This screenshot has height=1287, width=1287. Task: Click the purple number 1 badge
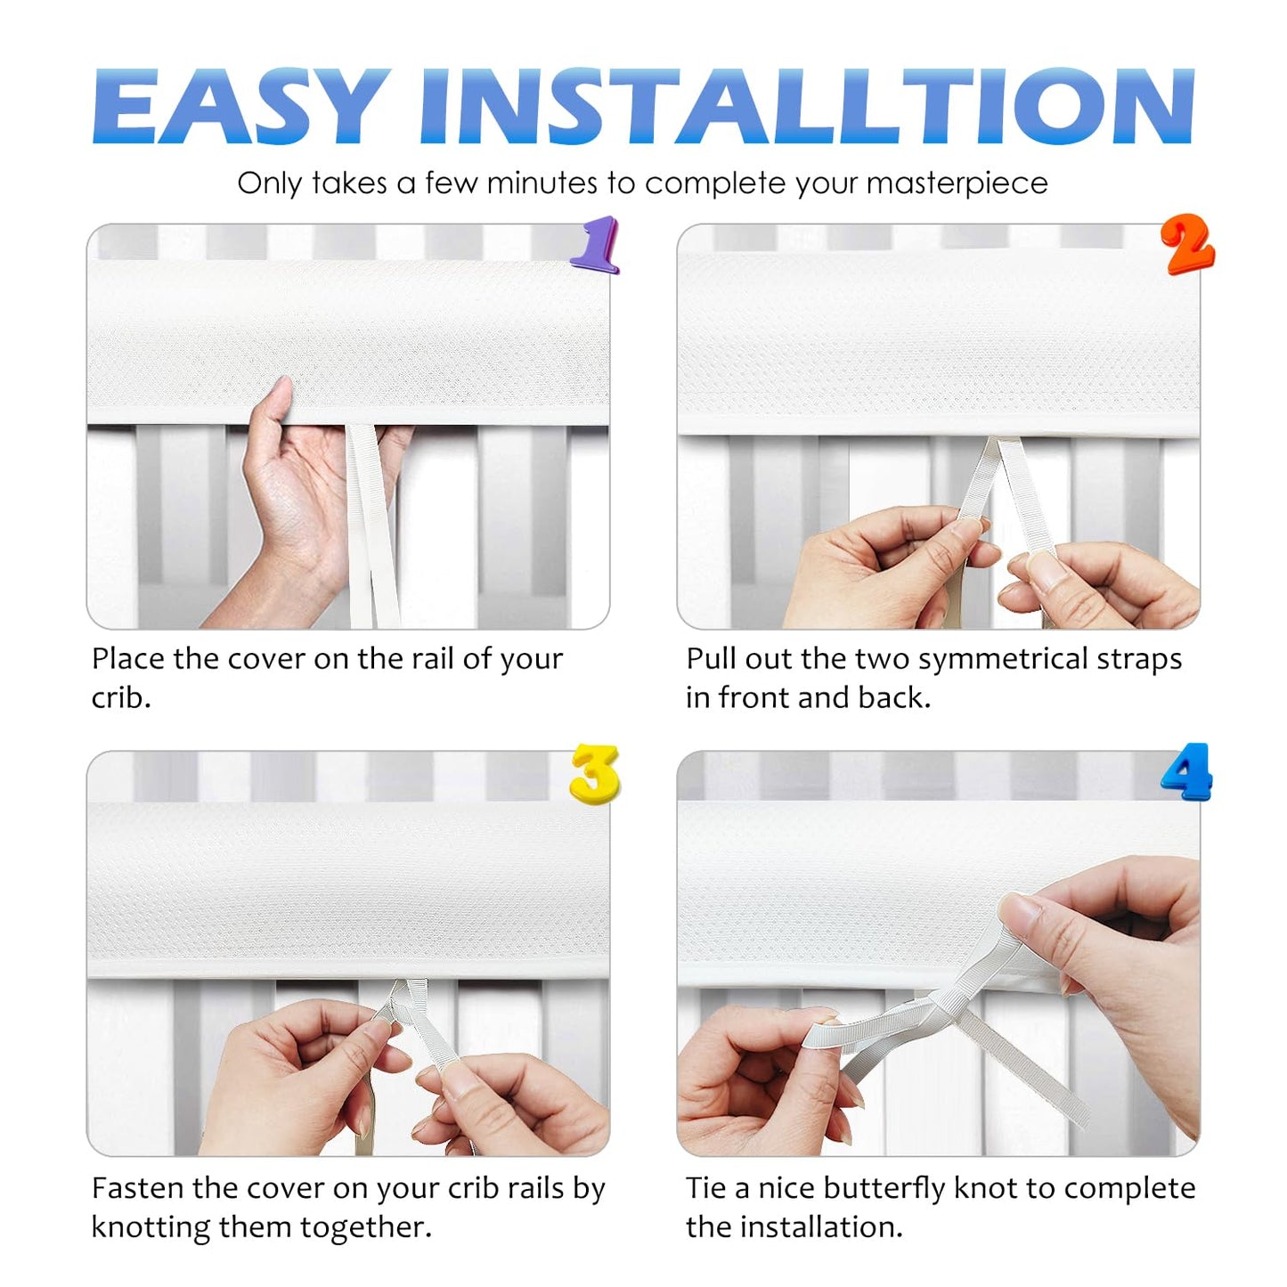click(596, 244)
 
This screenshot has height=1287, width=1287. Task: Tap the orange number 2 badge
click(1187, 244)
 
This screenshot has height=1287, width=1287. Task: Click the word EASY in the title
click(241, 106)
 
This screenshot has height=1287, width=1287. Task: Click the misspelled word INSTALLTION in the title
click(806, 106)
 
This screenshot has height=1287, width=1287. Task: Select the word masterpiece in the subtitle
click(957, 184)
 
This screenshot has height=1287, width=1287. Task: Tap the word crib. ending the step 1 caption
click(121, 698)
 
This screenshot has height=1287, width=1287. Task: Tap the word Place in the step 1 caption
click(128, 659)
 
